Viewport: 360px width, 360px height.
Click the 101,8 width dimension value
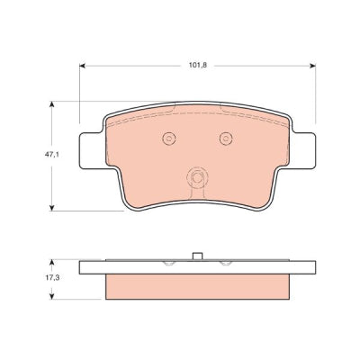(x=198, y=66)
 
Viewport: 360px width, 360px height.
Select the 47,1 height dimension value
(x=52, y=156)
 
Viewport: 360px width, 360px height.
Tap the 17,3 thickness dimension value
(x=52, y=278)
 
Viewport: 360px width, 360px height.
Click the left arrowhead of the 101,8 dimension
(x=83, y=66)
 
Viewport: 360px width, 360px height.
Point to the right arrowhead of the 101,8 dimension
(x=312, y=66)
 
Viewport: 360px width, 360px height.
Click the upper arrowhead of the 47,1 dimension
(x=52, y=104)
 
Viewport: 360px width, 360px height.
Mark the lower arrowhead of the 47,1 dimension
(x=52, y=208)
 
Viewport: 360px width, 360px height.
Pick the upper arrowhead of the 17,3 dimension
(x=52, y=263)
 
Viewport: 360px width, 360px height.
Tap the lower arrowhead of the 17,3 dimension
(x=52, y=296)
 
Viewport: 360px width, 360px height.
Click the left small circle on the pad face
(x=169, y=139)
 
